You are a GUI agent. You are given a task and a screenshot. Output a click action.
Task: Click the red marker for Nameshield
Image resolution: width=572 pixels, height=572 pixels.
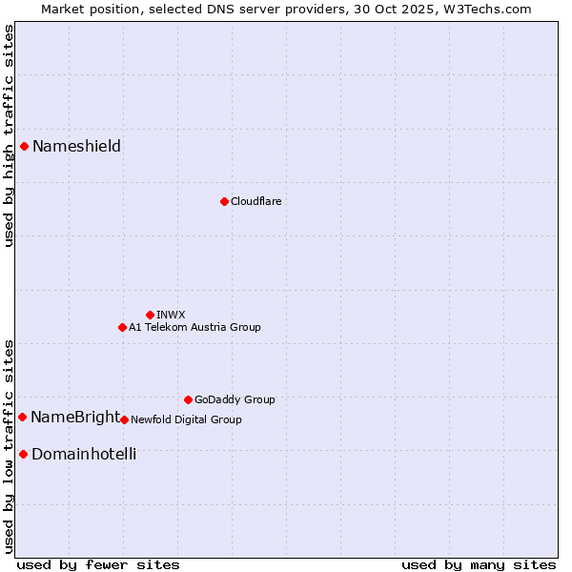coord(24,146)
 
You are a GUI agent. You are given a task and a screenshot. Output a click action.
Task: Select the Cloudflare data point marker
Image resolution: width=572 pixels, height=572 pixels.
coord(224,201)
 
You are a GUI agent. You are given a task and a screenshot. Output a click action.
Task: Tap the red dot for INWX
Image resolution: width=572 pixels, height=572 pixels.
coord(150,315)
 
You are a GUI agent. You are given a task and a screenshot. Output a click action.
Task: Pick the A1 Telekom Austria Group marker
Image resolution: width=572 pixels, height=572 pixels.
coord(122,327)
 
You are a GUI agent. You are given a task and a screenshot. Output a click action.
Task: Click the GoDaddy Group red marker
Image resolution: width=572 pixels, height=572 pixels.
coord(188,399)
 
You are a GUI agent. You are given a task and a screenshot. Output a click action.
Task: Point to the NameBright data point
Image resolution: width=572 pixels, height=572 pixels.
coord(22,417)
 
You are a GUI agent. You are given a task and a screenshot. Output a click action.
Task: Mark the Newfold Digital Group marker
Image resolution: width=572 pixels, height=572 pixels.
coord(124,419)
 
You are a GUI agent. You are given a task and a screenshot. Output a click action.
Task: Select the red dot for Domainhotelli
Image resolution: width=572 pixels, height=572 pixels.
coord(23,454)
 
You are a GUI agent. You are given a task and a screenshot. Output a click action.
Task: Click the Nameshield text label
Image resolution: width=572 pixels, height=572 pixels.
coord(76,146)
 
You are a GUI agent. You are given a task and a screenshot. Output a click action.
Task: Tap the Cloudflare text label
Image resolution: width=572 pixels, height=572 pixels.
coord(255,201)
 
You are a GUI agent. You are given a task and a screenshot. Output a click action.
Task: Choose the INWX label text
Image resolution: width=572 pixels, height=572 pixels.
coord(171,315)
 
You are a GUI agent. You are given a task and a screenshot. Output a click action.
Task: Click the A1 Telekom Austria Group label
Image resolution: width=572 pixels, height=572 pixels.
coord(194,327)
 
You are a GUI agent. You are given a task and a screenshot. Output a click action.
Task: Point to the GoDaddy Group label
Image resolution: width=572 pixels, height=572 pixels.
coord(235,399)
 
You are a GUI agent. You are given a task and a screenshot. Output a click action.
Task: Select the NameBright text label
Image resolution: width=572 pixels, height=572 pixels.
coord(75,417)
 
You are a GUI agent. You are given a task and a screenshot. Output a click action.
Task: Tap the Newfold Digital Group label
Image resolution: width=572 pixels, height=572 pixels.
coord(186,419)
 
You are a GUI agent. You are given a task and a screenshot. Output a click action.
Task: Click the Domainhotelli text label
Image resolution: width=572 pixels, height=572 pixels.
coord(84,454)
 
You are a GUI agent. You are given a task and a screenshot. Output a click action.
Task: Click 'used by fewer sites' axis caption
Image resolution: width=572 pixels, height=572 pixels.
coord(98,564)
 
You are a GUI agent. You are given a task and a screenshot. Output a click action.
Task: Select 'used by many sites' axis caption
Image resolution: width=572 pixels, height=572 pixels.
coord(478,564)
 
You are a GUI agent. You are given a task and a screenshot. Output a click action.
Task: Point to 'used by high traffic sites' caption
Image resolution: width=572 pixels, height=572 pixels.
coord(9,135)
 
